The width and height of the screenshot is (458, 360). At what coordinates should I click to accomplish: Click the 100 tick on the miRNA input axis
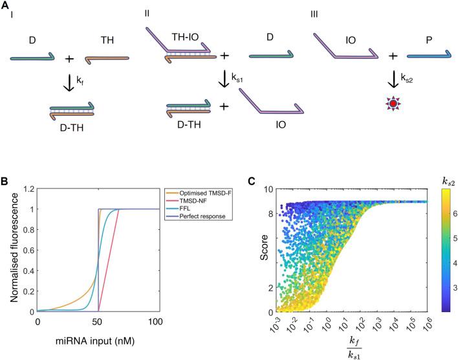158,322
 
